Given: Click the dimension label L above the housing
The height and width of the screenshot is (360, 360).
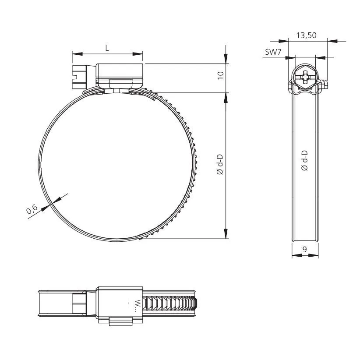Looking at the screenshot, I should [x=108, y=48].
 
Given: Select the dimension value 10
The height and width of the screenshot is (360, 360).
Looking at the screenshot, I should [x=221, y=75].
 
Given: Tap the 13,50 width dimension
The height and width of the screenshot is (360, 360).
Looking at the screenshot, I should [x=306, y=35].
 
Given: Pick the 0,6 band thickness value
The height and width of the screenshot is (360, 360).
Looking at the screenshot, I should [x=32, y=211].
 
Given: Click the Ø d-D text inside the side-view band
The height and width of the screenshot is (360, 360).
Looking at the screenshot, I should [x=305, y=160].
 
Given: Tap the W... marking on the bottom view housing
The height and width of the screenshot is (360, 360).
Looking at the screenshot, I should [x=136, y=304].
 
